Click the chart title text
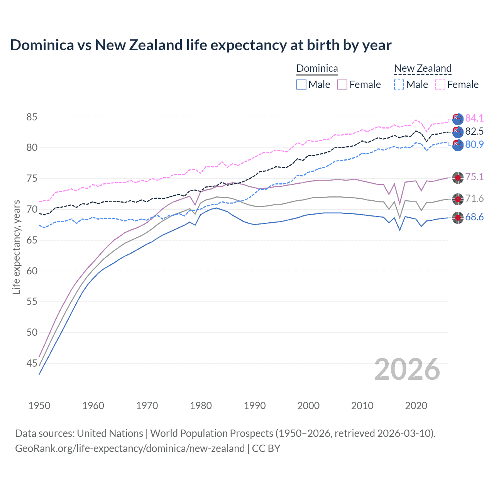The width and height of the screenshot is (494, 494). click(x=201, y=45)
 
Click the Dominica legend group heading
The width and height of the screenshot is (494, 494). click(x=317, y=69)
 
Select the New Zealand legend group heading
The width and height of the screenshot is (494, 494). click(x=423, y=69)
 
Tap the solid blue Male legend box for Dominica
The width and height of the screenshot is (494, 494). click(x=301, y=85)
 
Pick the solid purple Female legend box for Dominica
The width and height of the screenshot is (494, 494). click(x=342, y=85)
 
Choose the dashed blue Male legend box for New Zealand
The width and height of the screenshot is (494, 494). click(x=399, y=85)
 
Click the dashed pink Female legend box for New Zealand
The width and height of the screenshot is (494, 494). click(x=440, y=85)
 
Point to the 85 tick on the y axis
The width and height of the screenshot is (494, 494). click(x=32, y=117)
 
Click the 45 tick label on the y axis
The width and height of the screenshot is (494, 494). click(x=32, y=363)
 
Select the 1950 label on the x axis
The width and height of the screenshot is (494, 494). click(x=39, y=406)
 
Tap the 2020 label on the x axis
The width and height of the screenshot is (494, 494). click(x=416, y=406)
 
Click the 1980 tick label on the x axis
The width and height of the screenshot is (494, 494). click(x=201, y=406)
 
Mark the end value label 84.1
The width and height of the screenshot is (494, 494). click(x=474, y=118)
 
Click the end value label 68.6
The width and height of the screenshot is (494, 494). click(x=474, y=217)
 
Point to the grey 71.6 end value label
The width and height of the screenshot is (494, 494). click(x=474, y=199)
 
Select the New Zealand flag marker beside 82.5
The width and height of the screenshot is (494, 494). click(x=458, y=132)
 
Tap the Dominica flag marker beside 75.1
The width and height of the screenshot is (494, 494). click(x=458, y=178)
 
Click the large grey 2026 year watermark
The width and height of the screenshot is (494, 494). click(x=407, y=369)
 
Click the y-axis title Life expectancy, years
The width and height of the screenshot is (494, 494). click(x=16, y=247)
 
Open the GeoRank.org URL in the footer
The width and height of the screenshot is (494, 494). click(x=130, y=448)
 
